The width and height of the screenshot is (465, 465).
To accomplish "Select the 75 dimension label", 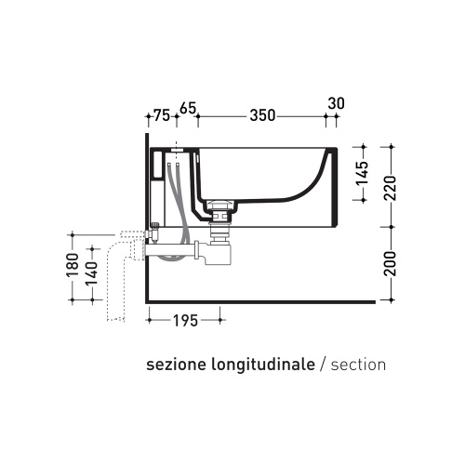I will point(162,117).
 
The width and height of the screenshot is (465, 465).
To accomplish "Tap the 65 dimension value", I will point(187,110).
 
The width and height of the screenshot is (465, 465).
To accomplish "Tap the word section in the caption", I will point(357,365).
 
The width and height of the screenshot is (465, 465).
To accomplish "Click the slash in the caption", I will point(322,365).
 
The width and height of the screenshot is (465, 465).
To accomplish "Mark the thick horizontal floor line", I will point(260,303).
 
